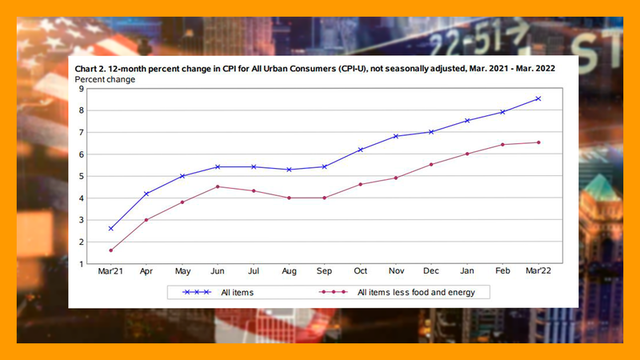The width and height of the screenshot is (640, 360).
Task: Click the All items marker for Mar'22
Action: (x=538, y=98)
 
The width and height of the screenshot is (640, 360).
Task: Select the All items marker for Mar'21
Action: (x=110, y=228)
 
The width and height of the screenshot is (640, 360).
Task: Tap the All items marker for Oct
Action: (x=361, y=150)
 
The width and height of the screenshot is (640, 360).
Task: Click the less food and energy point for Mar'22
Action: (x=538, y=142)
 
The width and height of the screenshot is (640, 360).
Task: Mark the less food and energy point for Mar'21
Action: (x=110, y=250)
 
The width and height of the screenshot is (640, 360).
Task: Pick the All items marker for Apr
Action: (x=146, y=194)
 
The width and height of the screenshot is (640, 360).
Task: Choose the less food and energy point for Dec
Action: (x=432, y=164)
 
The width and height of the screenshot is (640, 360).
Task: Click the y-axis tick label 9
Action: (x=82, y=89)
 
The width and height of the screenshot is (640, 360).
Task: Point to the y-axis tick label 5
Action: (x=82, y=176)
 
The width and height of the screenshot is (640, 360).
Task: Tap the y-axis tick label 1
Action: (x=82, y=263)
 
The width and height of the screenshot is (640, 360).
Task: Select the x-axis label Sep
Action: (x=325, y=271)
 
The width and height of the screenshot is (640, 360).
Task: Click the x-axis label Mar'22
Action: (x=538, y=271)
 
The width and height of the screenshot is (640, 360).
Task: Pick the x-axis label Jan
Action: (x=467, y=271)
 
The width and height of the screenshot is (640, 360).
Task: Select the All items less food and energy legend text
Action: (x=416, y=293)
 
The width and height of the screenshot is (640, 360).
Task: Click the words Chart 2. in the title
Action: (x=92, y=69)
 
